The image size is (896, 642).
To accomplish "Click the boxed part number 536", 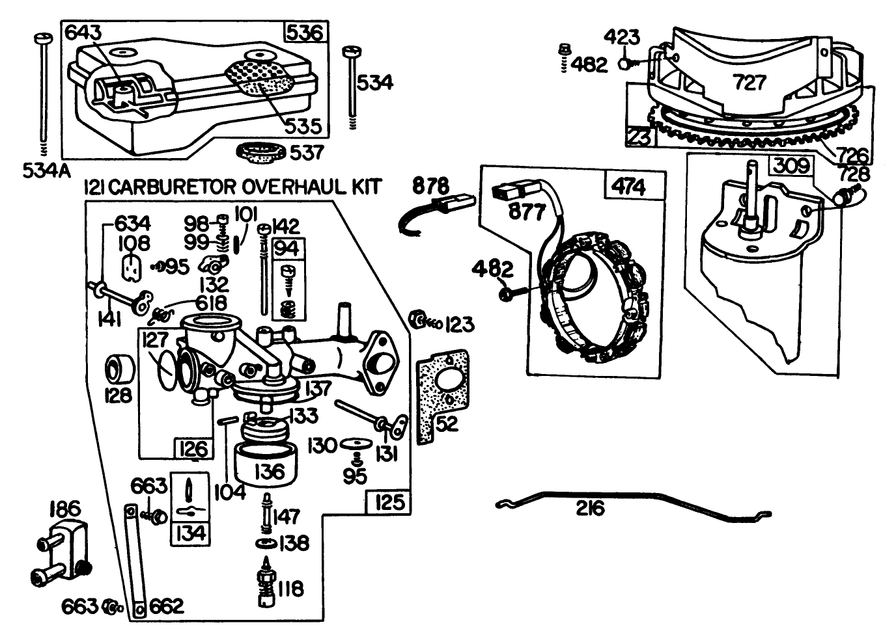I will click(x=304, y=32).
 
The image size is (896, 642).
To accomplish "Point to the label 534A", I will click(x=46, y=170).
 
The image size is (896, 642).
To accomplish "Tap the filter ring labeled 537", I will click(x=260, y=154).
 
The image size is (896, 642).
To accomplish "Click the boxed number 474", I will click(x=629, y=187).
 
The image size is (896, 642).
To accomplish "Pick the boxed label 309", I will click(x=792, y=166).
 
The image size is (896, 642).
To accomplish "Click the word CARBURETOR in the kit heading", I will click(x=171, y=187).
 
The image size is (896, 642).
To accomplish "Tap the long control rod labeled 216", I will click(x=632, y=502).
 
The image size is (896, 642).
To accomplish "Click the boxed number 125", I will click(x=389, y=502).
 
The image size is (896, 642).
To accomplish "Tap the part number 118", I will click(x=290, y=589).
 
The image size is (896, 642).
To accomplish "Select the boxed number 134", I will click(x=190, y=533).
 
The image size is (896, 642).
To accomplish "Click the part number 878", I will click(x=430, y=186).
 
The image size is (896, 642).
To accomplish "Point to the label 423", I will click(x=622, y=38).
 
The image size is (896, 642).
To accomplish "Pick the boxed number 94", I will click(x=287, y=248).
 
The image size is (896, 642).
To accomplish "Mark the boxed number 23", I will click(x=639, y=138).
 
